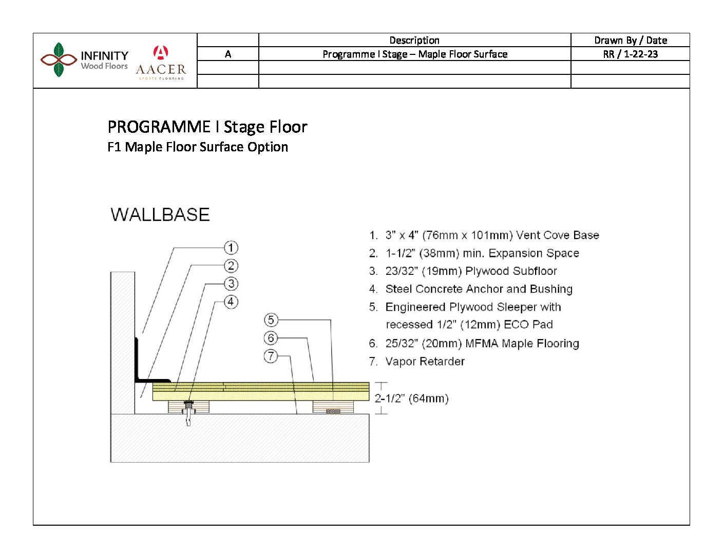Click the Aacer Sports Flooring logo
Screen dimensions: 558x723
pyautogui.click(x=161, y=63)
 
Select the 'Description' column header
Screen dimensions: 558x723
pyautogui.click(x=414, y=40)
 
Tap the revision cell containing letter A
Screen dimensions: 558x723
pyautogui.click(x=227, y=54)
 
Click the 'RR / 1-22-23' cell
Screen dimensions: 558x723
pyautogui.click(x=630, y=54)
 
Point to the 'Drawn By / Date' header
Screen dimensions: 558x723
pyautogui.click(x=630, y=40)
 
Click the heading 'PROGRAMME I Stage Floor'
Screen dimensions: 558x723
pyautogui.click(x=207, y=127)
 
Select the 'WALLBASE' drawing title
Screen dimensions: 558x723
pyautogui.click(x=160, y=214)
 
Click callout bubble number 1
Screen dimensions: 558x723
pyautogui.click(x=231, y=248)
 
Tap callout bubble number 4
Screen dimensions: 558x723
pyautogui.click(x=231, y=302)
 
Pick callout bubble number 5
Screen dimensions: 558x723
pyautogui.click(x=271, y=320)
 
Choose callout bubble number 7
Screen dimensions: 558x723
pyautogui.click(x=271, y=356)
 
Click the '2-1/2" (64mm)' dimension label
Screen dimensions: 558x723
pyautogui.click(x=412, y=398)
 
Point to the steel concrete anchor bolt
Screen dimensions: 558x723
pyautogui.click(x=188, y=412)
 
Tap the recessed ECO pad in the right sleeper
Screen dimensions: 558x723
pyautogui.click(x=333, y=411)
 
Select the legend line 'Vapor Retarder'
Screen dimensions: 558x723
pyautogui.click(x=425, y=362)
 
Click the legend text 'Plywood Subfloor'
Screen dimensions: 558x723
pyautogui.click(x=510, y=271)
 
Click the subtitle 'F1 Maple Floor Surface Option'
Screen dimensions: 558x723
pyautogui.click(x=198, y=147)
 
